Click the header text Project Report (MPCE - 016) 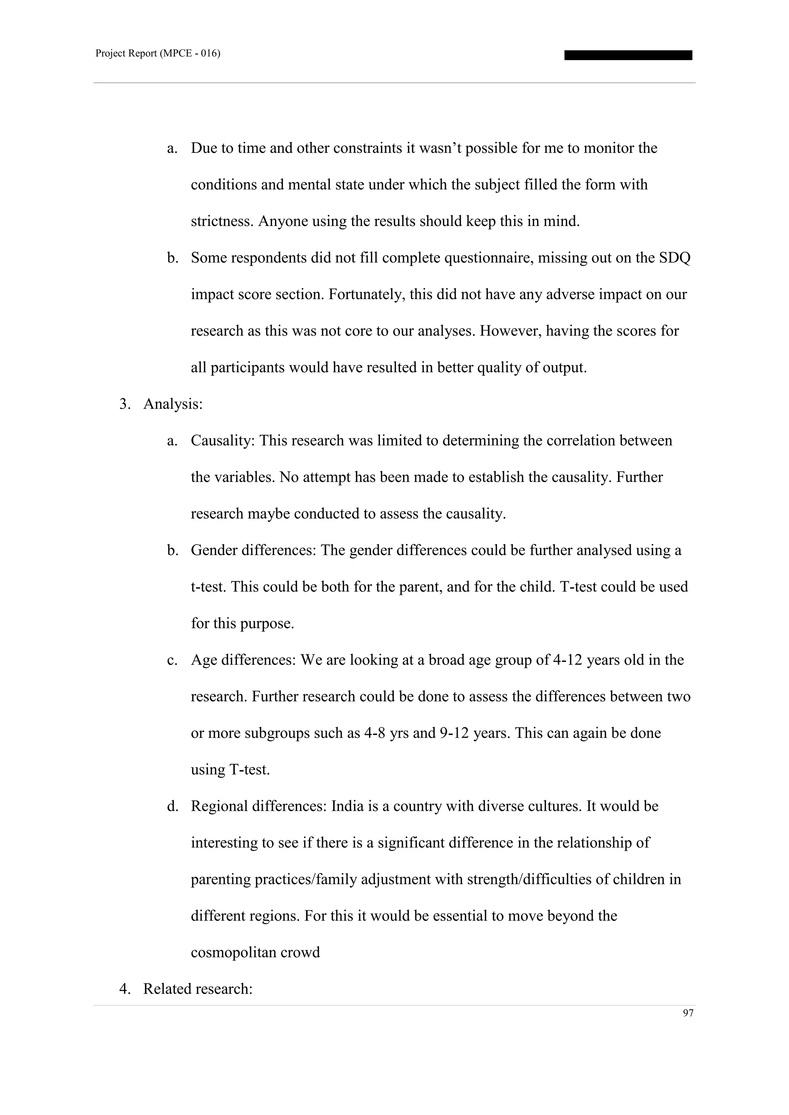click(x=158, y=54)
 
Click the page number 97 click(x=688, y=1013)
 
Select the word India click(x=347, y=806)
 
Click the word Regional click(x=221, y=806)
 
